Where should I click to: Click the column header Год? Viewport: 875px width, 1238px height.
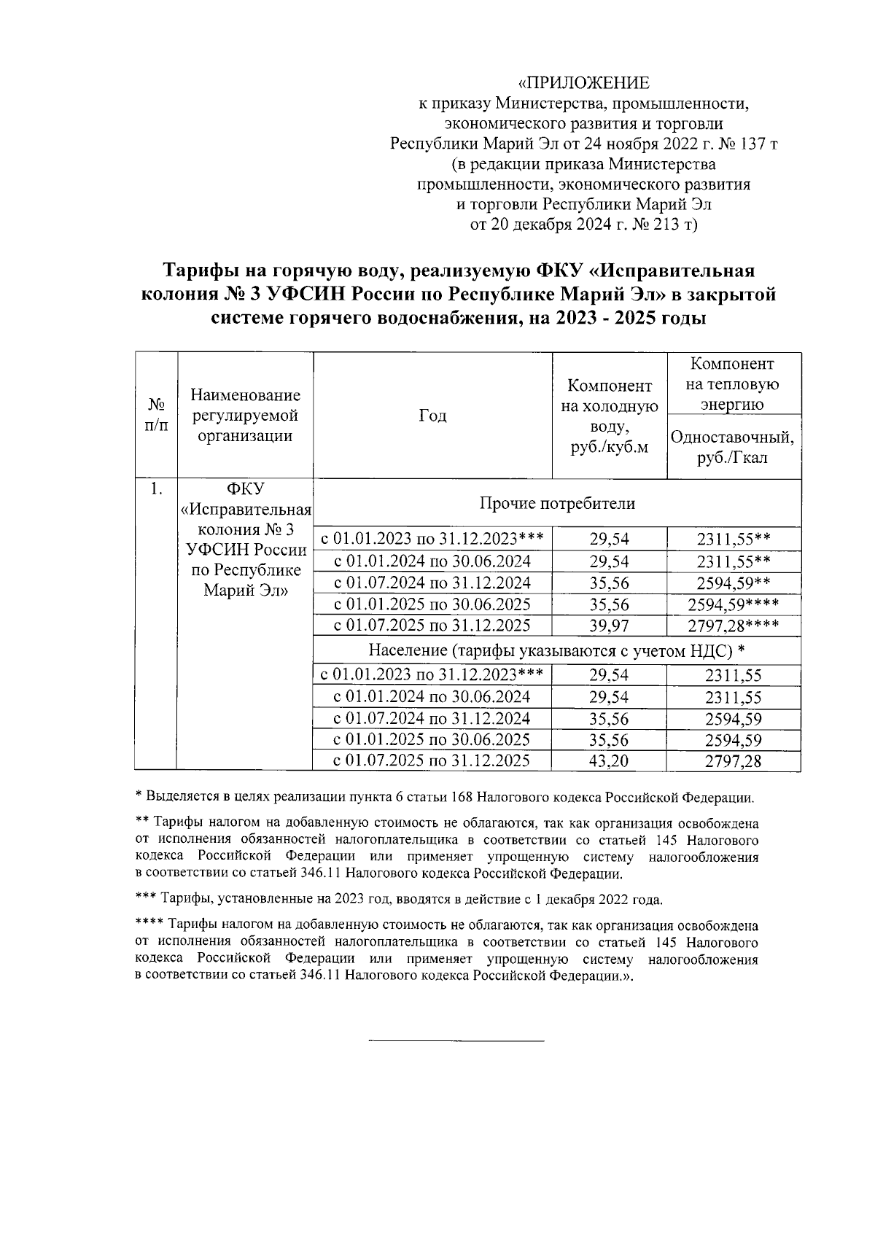432,416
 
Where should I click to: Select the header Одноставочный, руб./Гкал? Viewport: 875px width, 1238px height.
733,448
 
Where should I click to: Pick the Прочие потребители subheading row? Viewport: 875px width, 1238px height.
557,503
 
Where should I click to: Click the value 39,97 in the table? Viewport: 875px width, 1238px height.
609,626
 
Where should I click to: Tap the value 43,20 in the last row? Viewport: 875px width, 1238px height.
609,761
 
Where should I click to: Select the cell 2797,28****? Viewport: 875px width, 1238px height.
733,626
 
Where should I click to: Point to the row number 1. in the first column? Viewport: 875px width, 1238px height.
155,489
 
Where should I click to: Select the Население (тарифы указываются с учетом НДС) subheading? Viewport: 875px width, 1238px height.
557,650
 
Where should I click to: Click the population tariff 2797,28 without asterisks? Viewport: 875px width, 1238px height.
733,761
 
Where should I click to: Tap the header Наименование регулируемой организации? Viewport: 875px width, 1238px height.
245,416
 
